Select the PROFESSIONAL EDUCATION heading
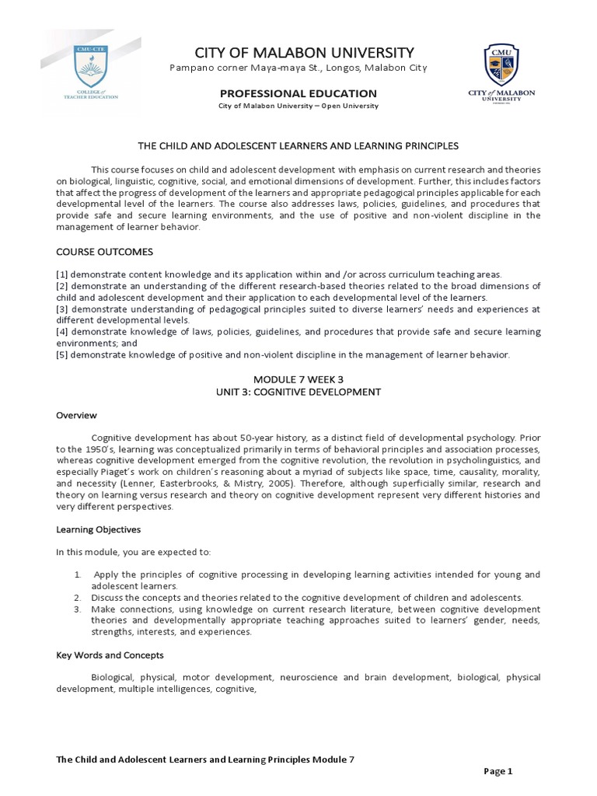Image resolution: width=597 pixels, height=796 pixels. [298, 93]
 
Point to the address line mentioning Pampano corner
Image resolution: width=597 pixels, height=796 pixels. [298, 68]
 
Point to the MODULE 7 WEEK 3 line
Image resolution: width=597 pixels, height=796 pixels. [298, 380]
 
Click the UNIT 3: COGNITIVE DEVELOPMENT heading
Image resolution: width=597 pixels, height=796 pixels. [298, 392]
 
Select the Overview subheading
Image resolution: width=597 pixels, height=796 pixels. [75, 415]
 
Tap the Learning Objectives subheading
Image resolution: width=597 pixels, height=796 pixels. [98, 529]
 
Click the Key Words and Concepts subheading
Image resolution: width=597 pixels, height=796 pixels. [109, 655]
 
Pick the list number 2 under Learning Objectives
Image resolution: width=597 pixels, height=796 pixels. [79, 597]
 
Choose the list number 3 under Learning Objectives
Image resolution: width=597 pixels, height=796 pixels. [79, 609]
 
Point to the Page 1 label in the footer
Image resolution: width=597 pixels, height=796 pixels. [498, 771]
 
